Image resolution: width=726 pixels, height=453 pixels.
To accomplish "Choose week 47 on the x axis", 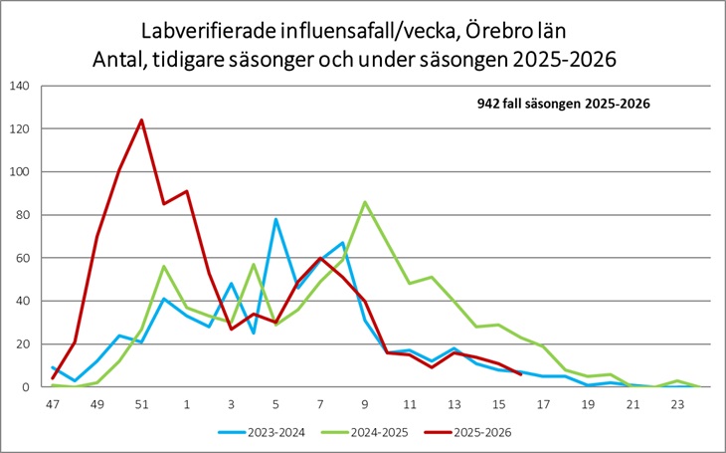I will [53, 404].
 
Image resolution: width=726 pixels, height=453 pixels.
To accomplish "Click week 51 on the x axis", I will [141, 404].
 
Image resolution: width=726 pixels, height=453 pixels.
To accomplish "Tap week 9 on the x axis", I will [364, 404].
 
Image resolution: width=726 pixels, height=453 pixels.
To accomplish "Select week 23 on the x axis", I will [676, 404].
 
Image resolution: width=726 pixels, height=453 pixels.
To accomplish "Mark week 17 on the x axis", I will [543, 404].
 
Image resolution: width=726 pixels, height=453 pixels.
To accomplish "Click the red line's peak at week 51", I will [141, 120].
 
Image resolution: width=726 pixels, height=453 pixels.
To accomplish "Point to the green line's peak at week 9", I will [365, 202].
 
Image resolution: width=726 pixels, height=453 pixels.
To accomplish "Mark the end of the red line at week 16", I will [521, 374].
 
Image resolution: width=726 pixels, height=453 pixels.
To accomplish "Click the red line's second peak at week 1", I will [186, 191].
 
